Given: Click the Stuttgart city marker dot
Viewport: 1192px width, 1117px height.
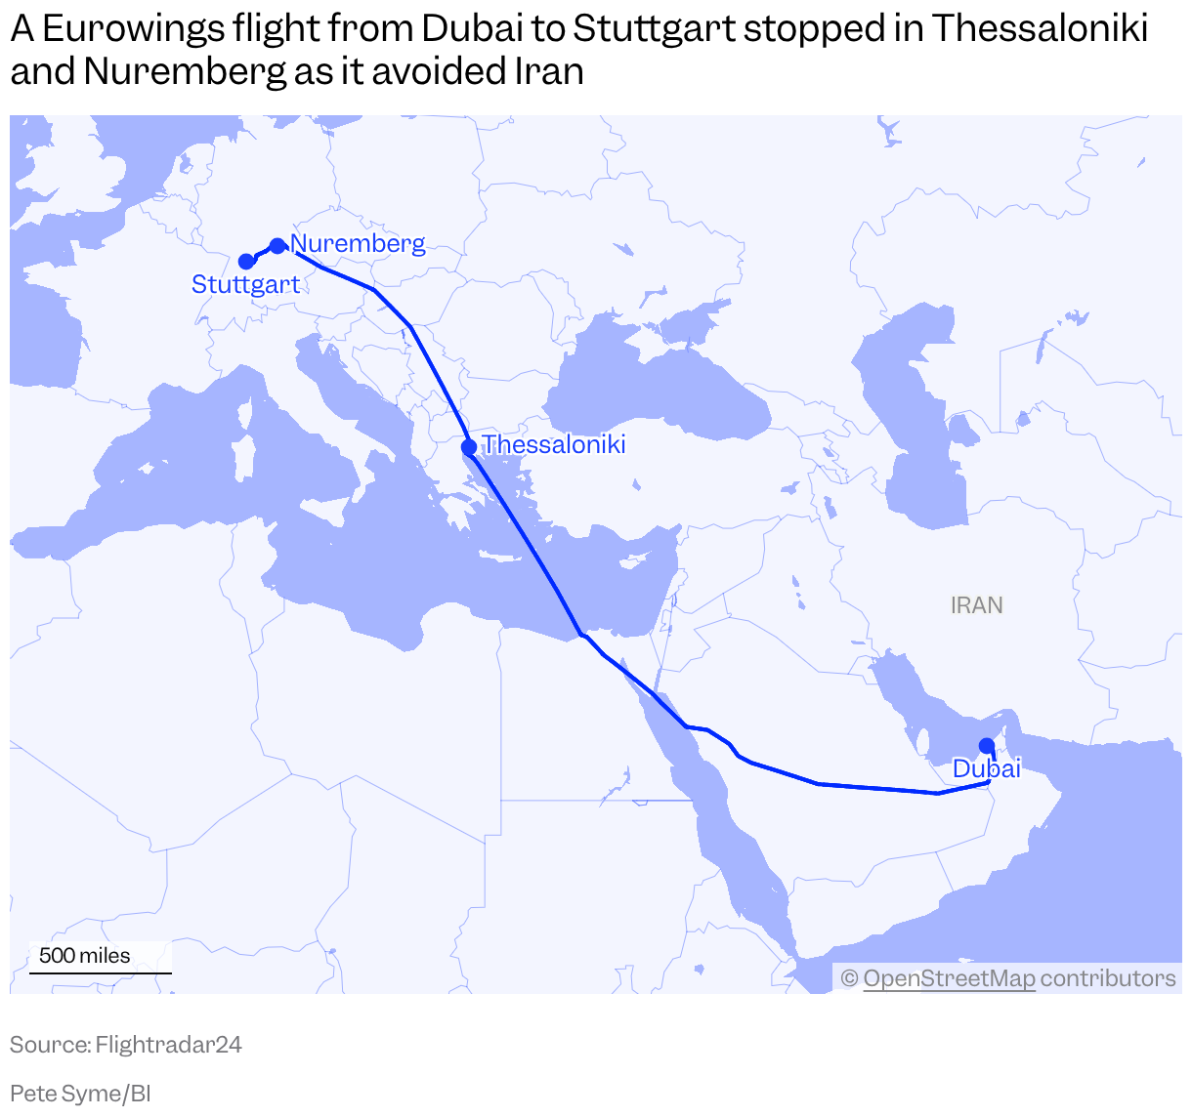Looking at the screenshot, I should click(246, 262).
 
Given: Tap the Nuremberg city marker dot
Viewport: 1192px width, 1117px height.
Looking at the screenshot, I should click(277, 245).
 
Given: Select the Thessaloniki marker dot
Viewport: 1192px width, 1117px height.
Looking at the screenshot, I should click(469, 447).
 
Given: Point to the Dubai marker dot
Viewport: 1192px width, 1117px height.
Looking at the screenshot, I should click(987, 746).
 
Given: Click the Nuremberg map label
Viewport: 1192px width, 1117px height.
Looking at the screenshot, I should click(359, 243).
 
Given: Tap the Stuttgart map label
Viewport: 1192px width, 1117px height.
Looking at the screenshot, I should click(245, 284).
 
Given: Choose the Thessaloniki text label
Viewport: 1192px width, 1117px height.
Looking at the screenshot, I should click(554, 445).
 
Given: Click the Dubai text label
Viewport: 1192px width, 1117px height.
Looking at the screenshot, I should click(987, 769).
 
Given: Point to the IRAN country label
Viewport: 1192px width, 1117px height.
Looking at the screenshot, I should click(976, 605).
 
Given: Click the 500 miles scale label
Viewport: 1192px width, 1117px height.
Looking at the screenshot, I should click(84, 956).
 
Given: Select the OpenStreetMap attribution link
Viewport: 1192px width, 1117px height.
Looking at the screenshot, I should click(949, 978).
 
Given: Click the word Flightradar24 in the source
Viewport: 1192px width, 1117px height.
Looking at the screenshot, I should click(168, 1045).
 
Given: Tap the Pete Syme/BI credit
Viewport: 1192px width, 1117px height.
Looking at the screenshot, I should click(80, 1094).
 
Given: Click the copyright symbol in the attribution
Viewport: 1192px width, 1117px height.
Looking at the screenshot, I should click(849, 978).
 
